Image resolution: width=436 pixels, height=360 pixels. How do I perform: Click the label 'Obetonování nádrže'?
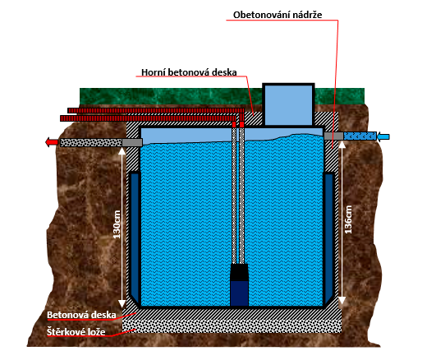278,15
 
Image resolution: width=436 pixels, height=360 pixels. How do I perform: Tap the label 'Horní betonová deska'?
189,72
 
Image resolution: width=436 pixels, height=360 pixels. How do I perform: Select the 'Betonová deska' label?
81,315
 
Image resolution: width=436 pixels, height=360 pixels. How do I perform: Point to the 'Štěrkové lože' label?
76,332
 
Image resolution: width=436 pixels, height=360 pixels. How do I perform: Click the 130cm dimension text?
117,224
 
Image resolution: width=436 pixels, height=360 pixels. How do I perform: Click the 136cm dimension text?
348,219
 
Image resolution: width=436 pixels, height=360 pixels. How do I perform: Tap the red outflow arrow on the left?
52,142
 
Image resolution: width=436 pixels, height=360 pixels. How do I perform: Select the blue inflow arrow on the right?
383,136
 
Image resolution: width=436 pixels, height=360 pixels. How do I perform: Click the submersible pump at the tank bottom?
239,284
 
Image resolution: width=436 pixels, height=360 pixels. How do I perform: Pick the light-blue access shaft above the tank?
288,104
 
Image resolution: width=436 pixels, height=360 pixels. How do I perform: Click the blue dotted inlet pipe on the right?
360,136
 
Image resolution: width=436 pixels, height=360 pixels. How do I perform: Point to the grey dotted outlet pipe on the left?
91,142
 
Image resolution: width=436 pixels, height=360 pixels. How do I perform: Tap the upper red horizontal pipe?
156,110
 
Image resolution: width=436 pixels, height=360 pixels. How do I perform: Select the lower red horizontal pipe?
148,118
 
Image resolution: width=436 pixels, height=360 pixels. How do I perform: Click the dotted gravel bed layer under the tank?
232,326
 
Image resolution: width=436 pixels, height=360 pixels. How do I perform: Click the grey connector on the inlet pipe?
333,136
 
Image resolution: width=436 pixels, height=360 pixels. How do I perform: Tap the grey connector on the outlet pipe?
132,142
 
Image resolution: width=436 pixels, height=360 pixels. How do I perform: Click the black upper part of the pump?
239,272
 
